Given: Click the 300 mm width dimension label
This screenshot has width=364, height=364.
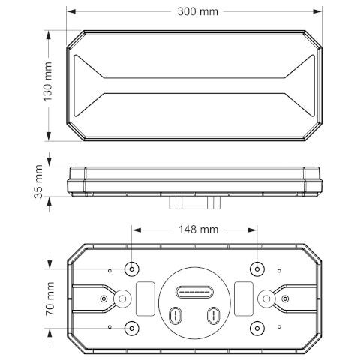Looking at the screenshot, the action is [x=197, y=11].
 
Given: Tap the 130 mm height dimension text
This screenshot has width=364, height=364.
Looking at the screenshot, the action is [x=48, y=82].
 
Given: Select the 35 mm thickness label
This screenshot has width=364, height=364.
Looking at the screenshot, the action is [x=38, y=182].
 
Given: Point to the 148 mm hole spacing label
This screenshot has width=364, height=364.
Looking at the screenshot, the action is [x=198, y=230].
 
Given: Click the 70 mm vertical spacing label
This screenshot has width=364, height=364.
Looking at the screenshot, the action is [x=50, y=299].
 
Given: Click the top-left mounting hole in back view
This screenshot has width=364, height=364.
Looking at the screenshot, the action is [x=132, y=269].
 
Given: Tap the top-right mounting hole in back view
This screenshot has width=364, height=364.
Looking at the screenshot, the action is [x=257, y=269].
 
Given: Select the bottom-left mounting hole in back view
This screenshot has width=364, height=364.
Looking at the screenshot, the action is [x=132, y=328].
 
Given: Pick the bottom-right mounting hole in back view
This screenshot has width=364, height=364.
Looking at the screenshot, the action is [x=257, y=328].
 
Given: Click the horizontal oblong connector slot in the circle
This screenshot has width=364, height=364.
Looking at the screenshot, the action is [x=194, y=292].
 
